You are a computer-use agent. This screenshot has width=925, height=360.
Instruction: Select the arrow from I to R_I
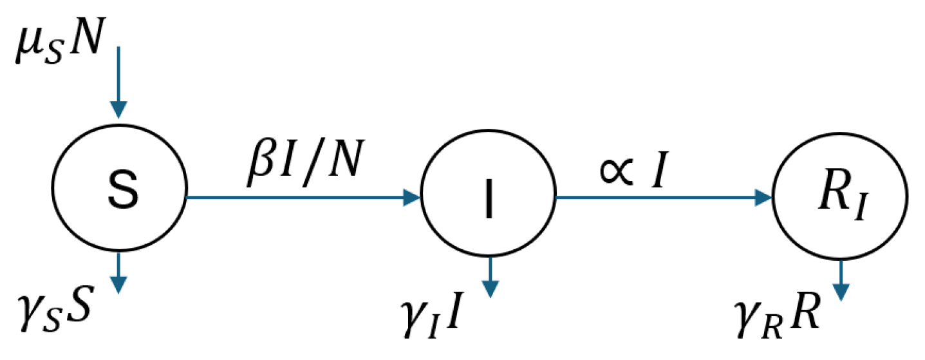[663, 197]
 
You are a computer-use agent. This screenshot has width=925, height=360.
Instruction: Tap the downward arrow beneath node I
[491, 277]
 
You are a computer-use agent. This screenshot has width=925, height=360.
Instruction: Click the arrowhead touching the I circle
[411, 198]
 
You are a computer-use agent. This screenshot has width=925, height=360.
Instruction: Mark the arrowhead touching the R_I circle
[763, 197]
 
